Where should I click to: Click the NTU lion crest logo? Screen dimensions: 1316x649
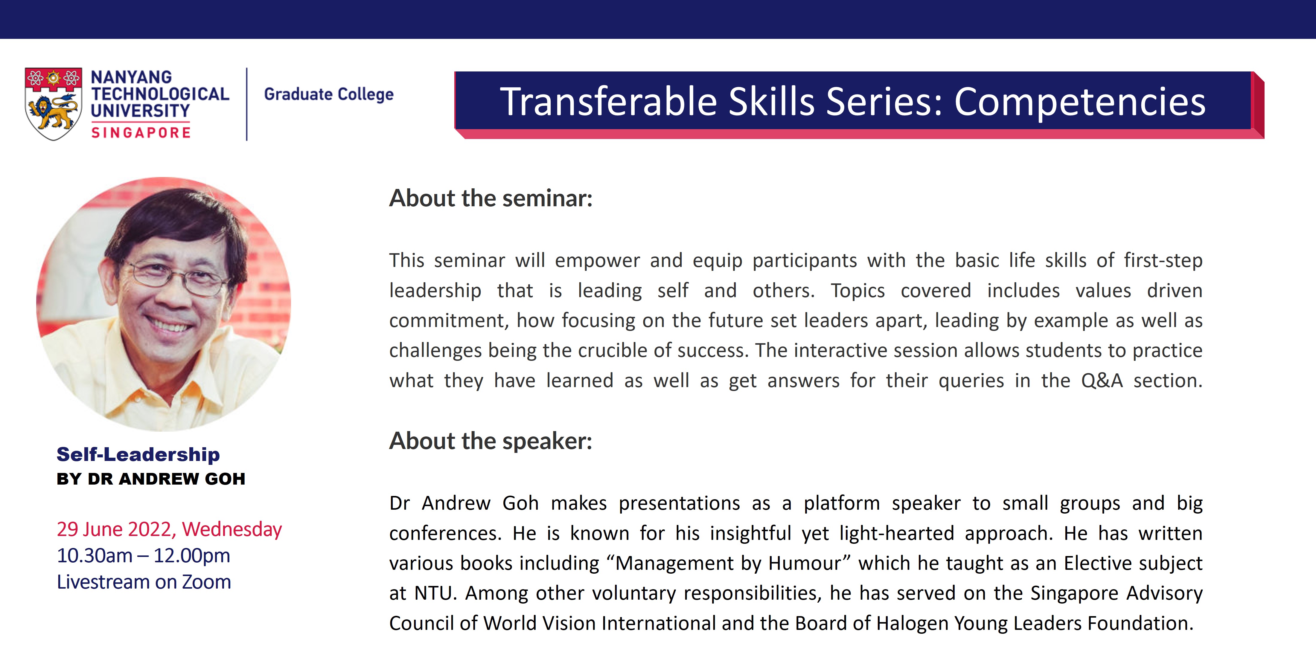click(53, 104)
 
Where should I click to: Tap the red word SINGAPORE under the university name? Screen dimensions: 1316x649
click(141, 133)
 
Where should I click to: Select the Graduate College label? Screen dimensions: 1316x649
click(328, 94)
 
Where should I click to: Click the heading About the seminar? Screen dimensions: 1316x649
click(491, 198)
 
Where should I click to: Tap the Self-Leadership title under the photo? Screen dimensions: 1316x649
click(138, 454)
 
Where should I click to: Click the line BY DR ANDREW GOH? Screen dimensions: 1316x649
click(151, 479)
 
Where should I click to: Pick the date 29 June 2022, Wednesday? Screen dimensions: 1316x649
click(169, 529)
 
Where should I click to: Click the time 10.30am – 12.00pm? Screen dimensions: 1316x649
click(144, 555)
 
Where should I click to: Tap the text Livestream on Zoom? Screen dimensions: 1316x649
click(144, 582)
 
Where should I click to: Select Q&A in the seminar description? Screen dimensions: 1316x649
click(1102, 381)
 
